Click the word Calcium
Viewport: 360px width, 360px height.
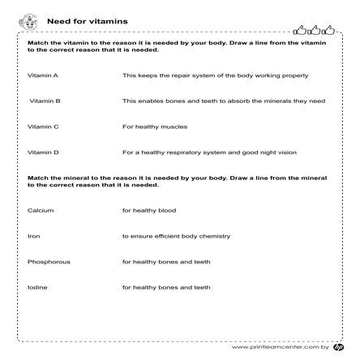coord(41,210)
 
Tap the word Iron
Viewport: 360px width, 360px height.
coord(33,236)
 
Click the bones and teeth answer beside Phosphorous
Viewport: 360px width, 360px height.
coord(165,262)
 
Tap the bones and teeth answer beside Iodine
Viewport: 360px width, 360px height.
coord(165,287)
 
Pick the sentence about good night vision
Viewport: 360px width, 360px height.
coord(208,152)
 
